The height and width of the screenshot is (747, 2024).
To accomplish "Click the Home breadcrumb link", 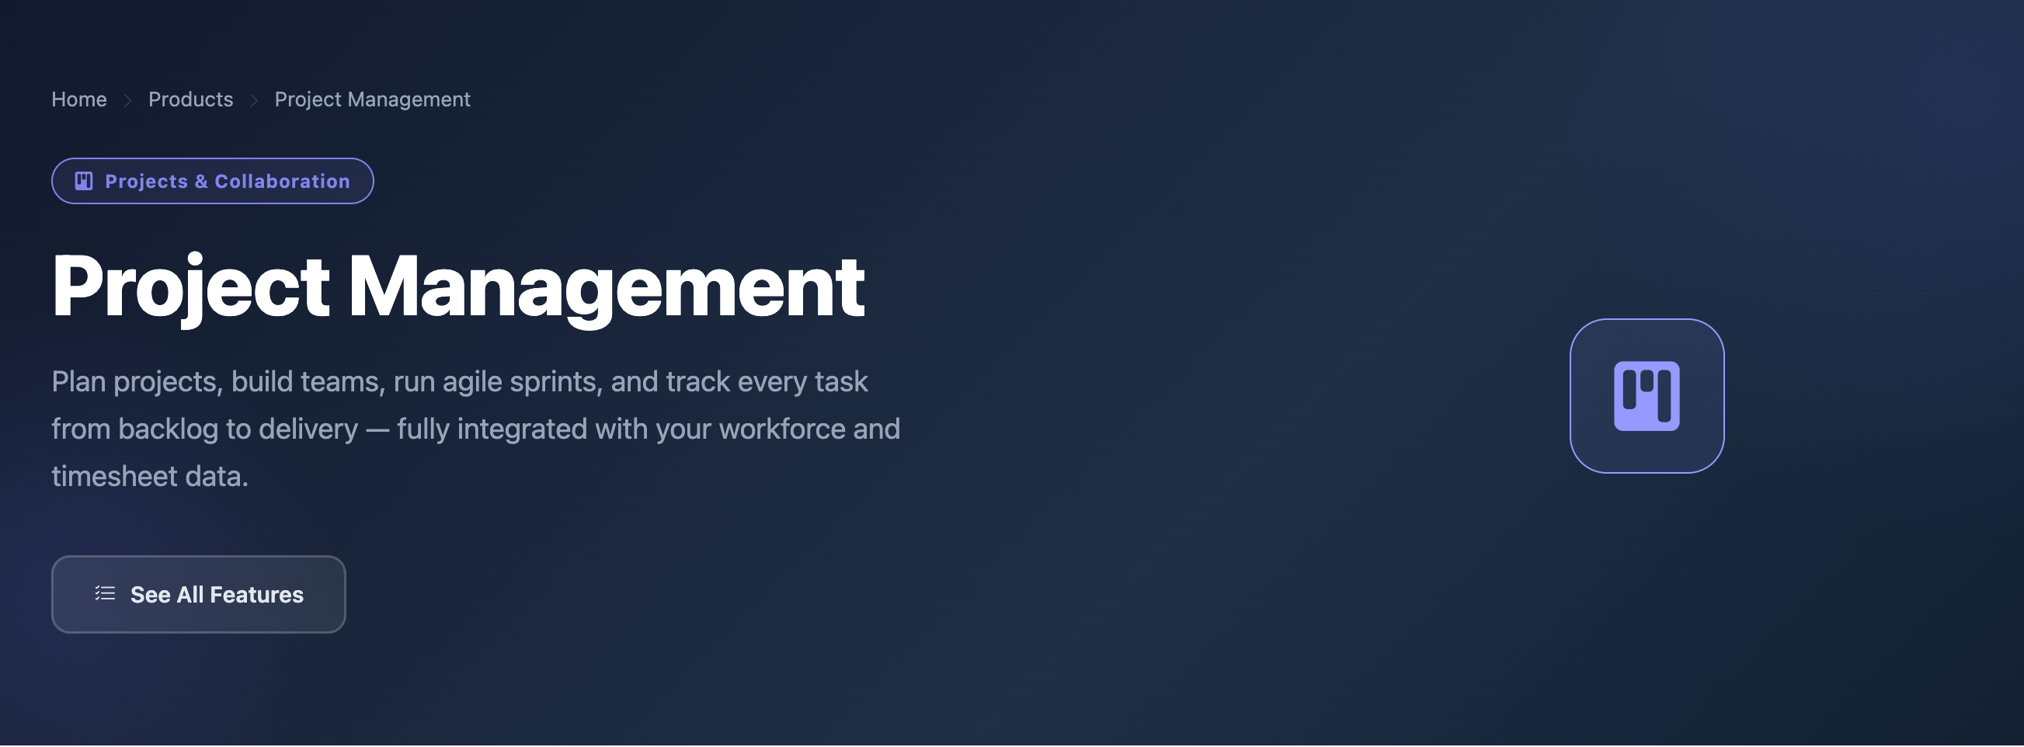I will coord(78,99).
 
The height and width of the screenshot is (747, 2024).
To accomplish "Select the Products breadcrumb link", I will coord(191,99).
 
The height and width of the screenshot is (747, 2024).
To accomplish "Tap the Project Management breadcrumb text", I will coord(373,99).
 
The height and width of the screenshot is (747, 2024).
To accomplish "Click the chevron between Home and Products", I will coord(127,100).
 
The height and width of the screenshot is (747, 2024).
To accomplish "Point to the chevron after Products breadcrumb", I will coord(254,100).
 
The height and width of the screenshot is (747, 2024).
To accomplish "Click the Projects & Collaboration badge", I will coord(212,182).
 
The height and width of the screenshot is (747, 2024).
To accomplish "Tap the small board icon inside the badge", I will coord(84,182).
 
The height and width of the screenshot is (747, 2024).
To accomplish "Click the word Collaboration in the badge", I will coord(282,182).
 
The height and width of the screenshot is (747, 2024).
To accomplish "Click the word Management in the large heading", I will coord(606,287).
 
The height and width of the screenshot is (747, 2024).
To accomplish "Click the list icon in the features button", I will coord(106,594).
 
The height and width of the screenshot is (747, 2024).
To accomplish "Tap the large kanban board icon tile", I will coord(1647,397).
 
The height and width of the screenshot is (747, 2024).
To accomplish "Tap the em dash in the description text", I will coord(377,430).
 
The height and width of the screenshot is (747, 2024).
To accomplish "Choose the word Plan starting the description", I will coord(78,383).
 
